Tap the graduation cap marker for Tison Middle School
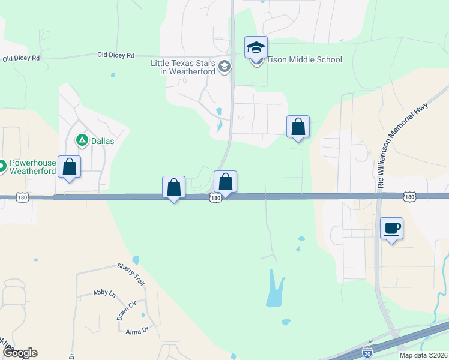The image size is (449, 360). point(256,48)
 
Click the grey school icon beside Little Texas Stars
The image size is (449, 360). point(225,66)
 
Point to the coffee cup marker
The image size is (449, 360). point(392,229)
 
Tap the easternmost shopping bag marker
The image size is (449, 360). point(298,127)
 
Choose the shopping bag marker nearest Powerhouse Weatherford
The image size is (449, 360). point(70,167)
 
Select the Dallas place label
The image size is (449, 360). point(102,142)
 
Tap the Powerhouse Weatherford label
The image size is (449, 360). point(33,167)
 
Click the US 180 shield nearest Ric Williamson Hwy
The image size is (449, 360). point(409,196)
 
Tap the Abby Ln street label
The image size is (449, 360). point(104,293)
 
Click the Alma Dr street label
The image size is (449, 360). point(137,331)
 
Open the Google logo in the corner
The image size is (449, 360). point(19,353)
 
